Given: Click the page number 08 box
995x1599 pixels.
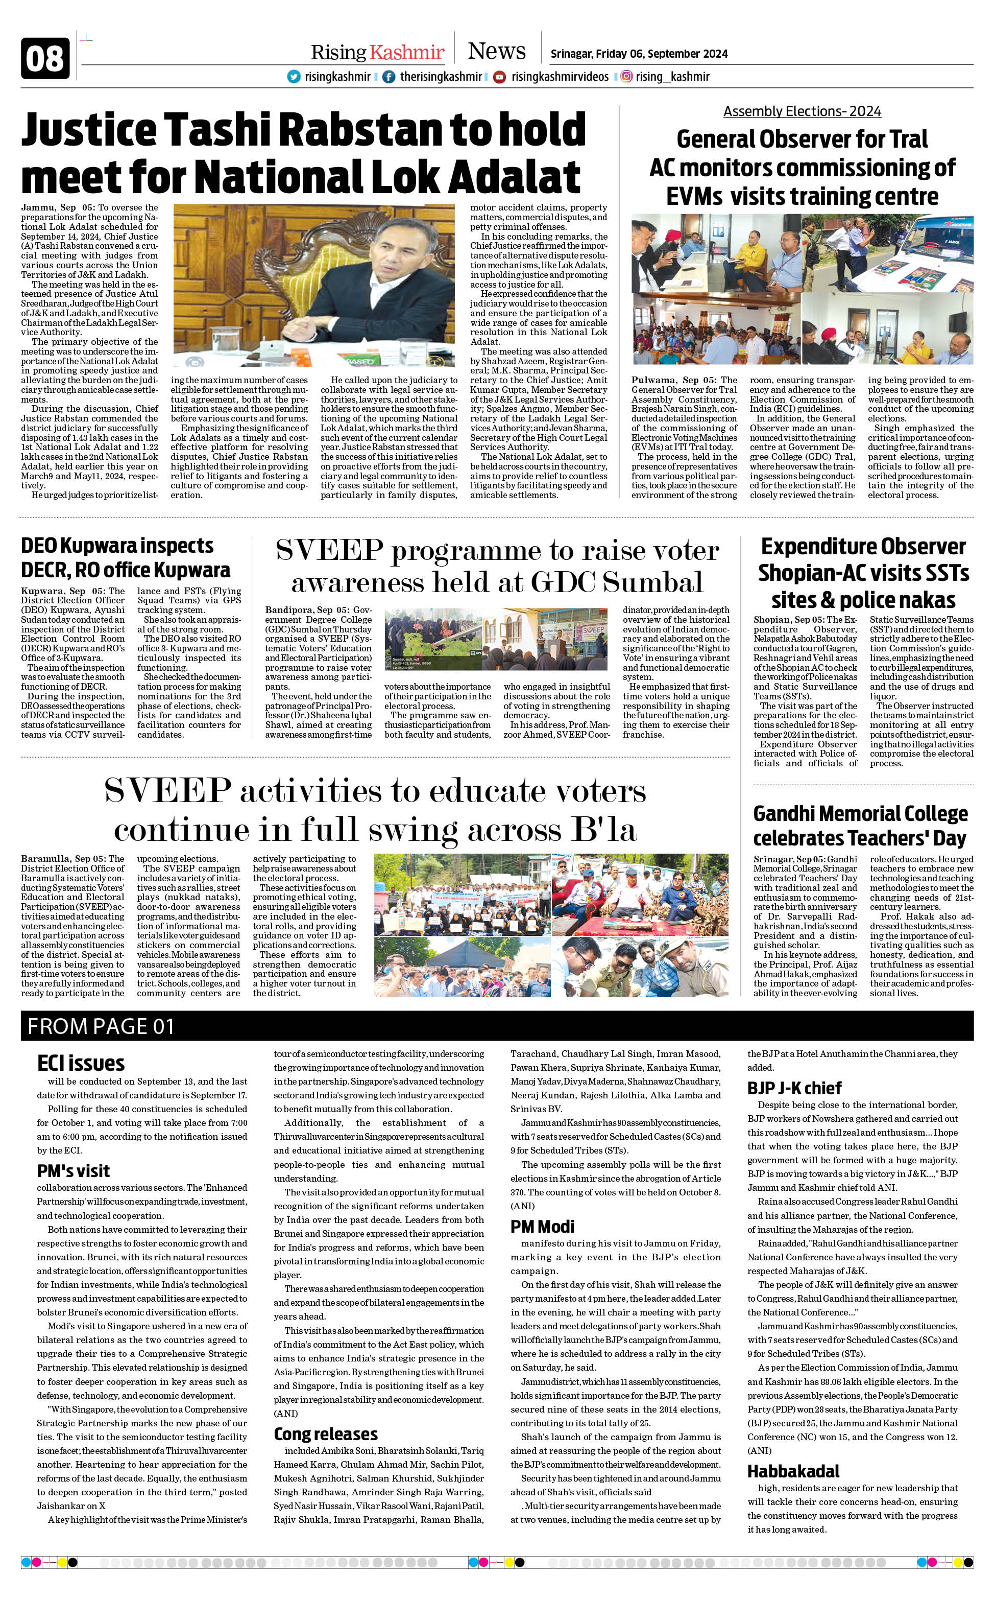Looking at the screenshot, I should point(45,59).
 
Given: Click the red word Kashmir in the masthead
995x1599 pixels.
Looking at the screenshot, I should point(407,53).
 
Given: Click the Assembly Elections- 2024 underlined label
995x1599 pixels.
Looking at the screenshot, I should point(802,111).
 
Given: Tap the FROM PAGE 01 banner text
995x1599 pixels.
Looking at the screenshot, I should point(101,1026).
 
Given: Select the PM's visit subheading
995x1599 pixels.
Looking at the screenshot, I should point(73,1171).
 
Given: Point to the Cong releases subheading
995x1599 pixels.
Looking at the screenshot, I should point(325,1434).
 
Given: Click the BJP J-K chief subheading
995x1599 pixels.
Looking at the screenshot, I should point(794,1088).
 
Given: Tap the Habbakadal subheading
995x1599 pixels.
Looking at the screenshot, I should point(793,1471).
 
